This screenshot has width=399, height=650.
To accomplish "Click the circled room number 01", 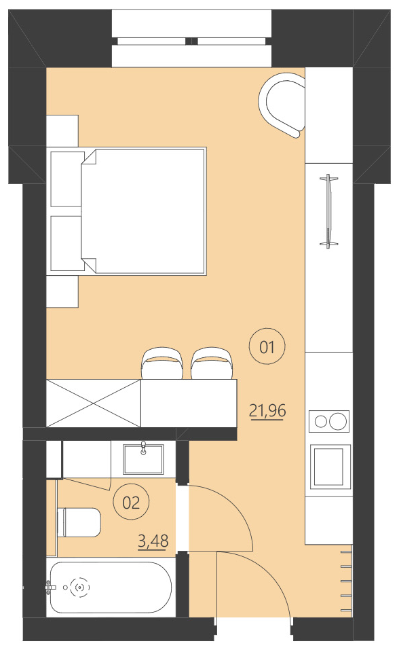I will click(x=267, y=348).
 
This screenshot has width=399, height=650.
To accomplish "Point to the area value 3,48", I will click(x=153, y=541).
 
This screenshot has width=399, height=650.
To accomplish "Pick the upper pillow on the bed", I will click(x=66, y=179).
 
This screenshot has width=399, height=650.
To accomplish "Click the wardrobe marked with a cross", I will click(x=93, y=403).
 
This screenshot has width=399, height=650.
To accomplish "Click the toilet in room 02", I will click(x=80, y=522).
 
